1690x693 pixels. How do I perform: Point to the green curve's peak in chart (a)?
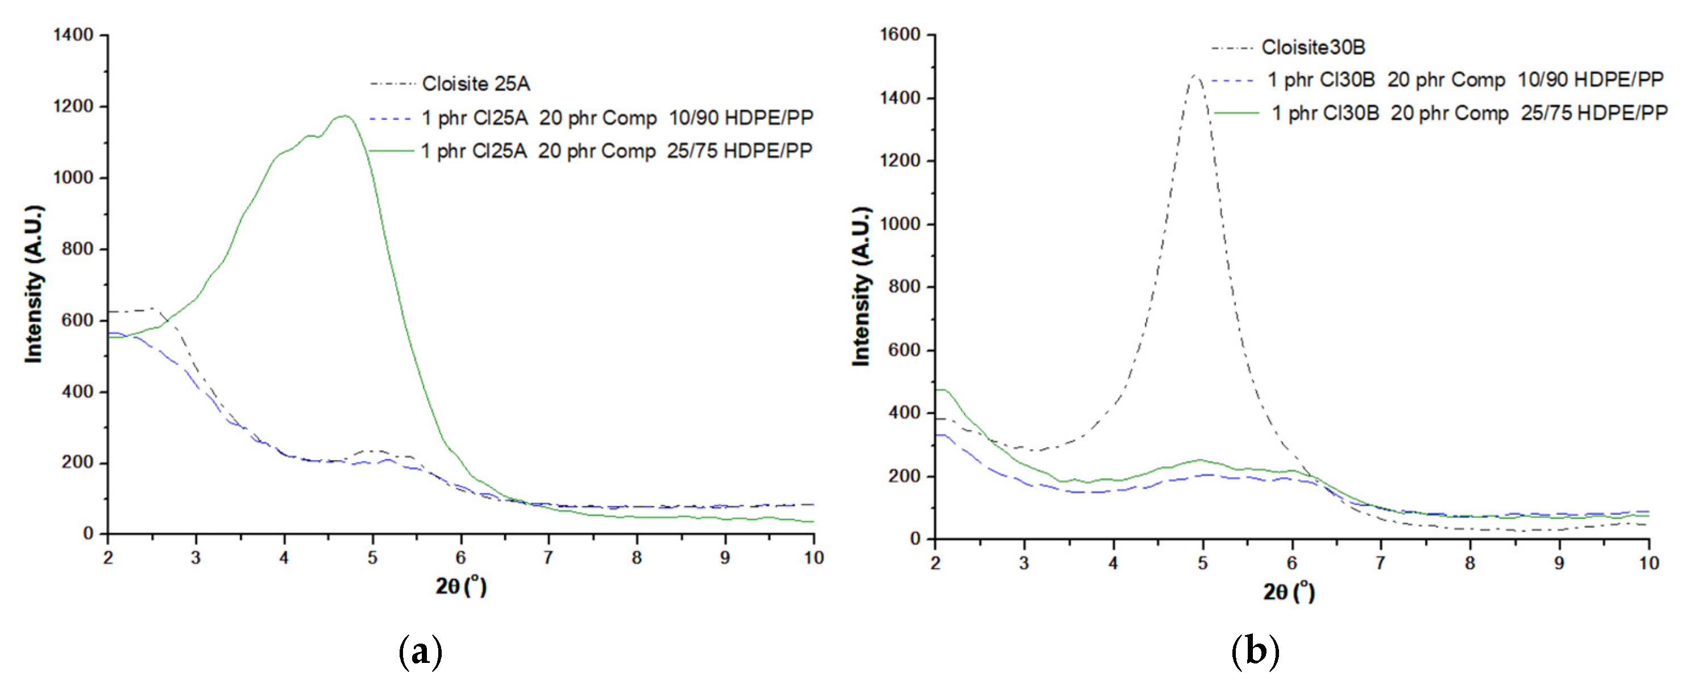coord(344,116)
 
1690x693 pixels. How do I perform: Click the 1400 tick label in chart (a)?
coord(73,35)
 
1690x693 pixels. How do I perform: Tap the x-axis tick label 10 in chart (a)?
coord(813,558)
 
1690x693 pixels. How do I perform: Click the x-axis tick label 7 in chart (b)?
coord(1380,563)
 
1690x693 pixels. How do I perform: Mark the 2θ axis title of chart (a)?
coord(460,585)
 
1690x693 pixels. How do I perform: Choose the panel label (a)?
coord(421,652)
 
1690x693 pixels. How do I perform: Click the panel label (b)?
coord(1255,652)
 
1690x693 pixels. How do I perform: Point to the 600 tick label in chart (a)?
coord(77,320)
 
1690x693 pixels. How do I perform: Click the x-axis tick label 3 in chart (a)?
coord(196,558)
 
